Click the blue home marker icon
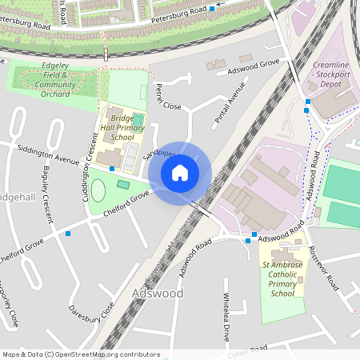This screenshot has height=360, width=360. point(180,173)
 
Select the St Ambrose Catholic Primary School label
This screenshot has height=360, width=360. point(283,278)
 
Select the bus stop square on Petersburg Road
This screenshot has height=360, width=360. point(212,10)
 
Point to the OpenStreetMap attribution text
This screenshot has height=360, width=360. point(80,354)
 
